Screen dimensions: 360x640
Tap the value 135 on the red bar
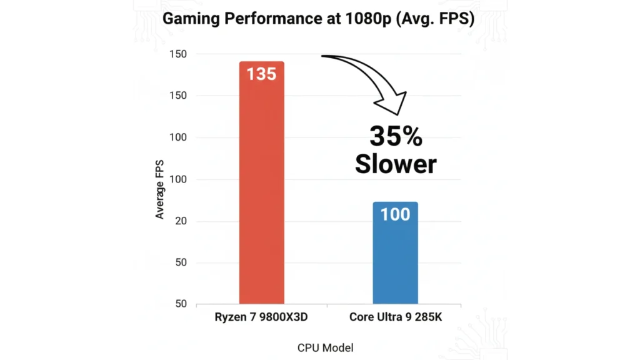[261, 74]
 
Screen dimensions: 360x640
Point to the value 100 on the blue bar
[395, 214]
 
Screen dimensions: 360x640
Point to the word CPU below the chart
[307, 347]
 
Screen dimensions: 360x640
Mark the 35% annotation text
[395, 136]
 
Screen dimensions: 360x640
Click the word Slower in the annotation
[395, 164]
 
